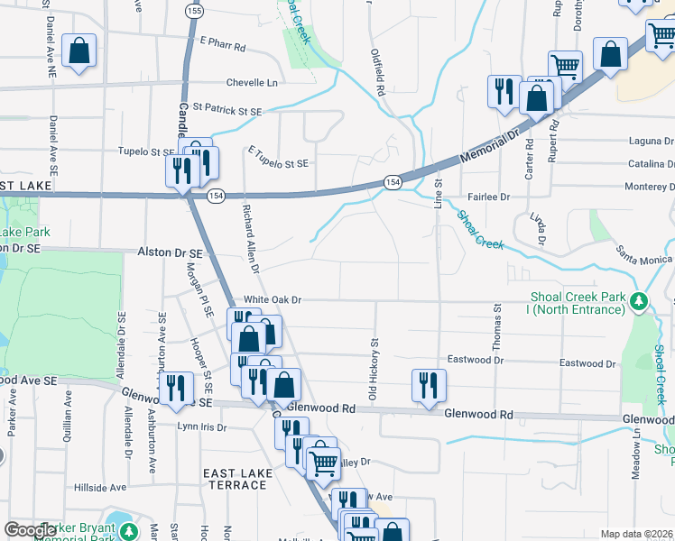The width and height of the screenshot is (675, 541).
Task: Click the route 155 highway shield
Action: pyautogui.click(x=193, y=10)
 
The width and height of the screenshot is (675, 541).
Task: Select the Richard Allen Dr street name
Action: pyautogui.click(x=250, y=238)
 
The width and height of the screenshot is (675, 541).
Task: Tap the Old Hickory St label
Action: pyautogui.click(x=372, y=370)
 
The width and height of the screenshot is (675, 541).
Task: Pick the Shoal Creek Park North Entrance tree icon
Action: pyautogui.click(x=640, y=300)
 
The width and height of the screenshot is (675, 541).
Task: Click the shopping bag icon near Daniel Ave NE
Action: pyautogui.click(x=79, y=51)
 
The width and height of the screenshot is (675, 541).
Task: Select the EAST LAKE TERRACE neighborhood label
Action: pyautogui.click(x=235, y=479)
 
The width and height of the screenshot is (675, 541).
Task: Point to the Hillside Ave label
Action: pyautogui.click(x=100, y=487)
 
